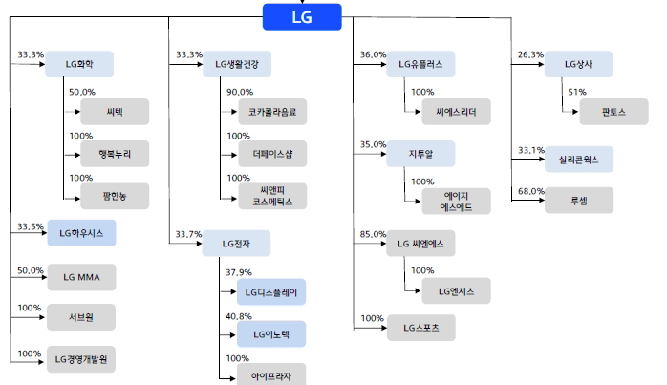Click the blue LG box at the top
[x=301, y=16]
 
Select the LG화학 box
[x=79, y=65]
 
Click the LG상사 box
[x=578, y=65]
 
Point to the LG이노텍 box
[x=271, y=333]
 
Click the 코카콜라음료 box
[x=271, y=113]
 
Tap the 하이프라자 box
[x=271, y=372]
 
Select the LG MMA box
[x=81, y=278]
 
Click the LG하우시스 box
[x=81, y=233]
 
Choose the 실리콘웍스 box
[x=578, y=160]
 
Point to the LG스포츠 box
[x=420, y=329]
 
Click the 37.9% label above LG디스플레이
[x=239, y=272]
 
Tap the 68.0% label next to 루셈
[x=530, y=191]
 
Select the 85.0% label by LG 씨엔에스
[x=373, y=233]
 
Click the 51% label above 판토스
[x=576, y=92]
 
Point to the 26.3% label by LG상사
[x=530, y=53]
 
